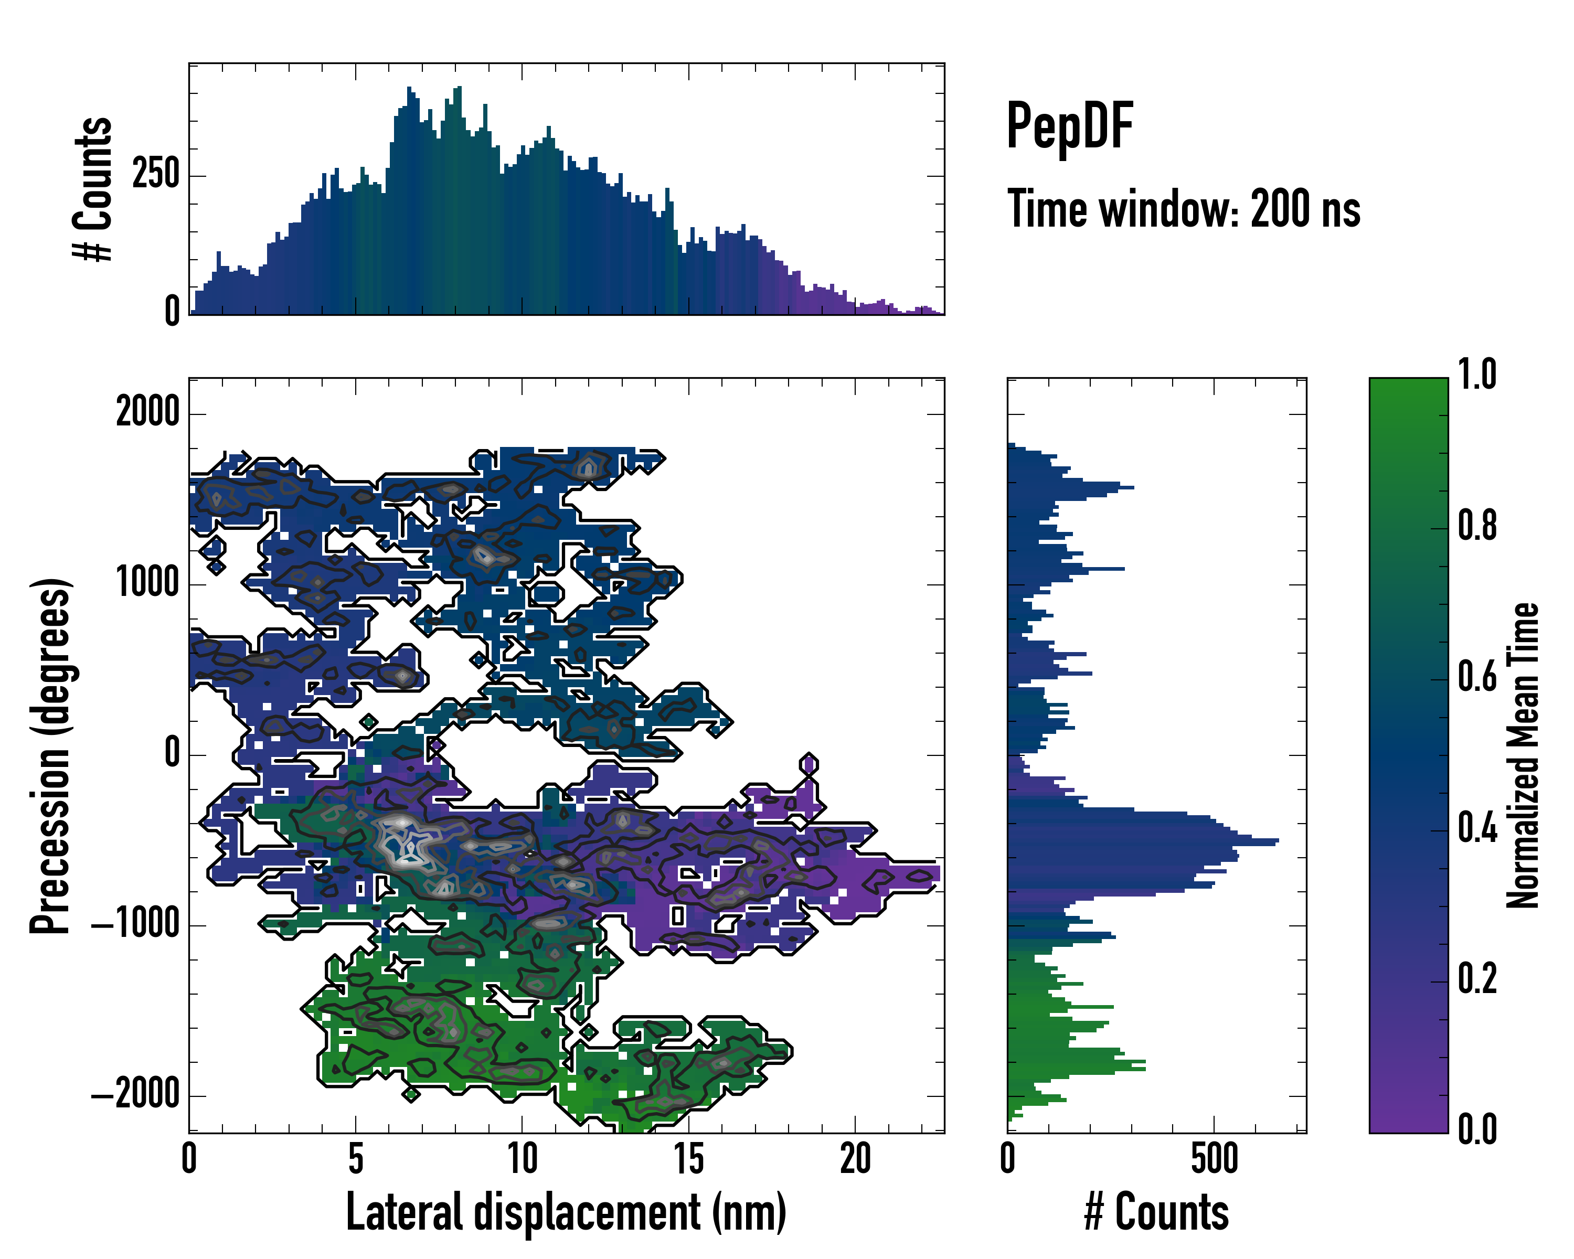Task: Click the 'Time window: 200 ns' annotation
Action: [x=1184, y=209]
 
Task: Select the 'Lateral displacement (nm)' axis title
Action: [x=566, y=1212]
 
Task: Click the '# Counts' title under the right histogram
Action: [x=1156, y=1212]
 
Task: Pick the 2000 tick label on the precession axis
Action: [x=147, y=412]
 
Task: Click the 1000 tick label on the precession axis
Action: [x=147, y=583]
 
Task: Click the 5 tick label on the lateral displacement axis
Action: [x=356, y=1159]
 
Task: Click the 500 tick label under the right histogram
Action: [x=1214, y=1159]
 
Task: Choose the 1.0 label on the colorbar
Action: [x=1477, y=375]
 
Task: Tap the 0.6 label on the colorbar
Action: [x=1477, y=677]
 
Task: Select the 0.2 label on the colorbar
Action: [x=1477, y=979]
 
